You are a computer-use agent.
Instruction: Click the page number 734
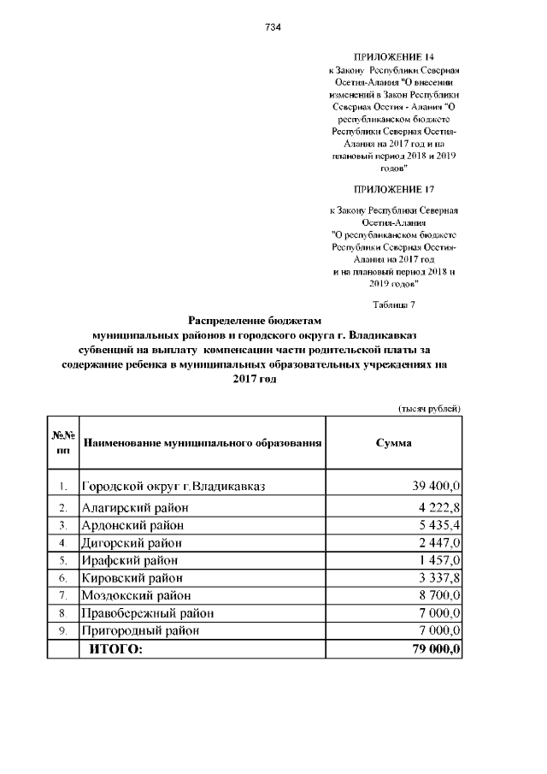tap(273, 27)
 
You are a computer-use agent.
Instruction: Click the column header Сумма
tap(394, 443)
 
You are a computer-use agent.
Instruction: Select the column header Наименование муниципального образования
tap(202, 444)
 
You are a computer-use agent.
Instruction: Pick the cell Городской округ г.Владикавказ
tap(174, 487)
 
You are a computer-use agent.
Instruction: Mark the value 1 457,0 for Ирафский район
tap(437, 560)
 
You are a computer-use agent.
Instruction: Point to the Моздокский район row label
tap(135, 595)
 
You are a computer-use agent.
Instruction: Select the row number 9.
tap(62, 631)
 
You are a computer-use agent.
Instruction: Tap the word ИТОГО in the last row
tap(113, 649)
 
